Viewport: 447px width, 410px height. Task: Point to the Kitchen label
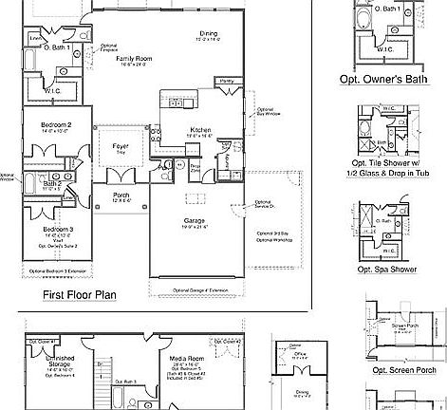pos(200,129)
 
